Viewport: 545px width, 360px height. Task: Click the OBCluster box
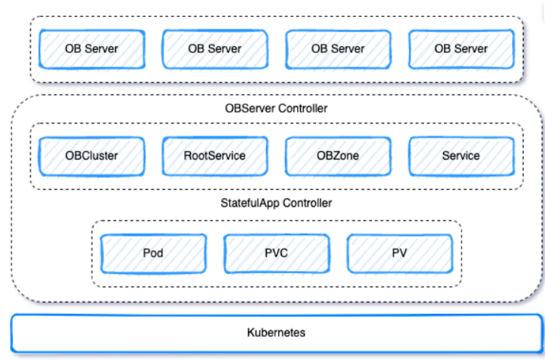(92, 155)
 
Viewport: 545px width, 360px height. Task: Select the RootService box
(215, 155)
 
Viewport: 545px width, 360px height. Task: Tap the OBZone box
(338, 155)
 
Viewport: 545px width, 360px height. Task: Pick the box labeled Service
(461, 155)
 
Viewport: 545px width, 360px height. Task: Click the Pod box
(153, 253)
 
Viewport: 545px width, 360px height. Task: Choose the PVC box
(276, 253)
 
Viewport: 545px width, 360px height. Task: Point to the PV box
(400, 253)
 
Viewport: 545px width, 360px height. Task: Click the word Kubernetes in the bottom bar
(276, 333)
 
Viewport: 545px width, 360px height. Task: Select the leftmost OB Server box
(92, 49)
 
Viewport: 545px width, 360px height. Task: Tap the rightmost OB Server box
(461, 49)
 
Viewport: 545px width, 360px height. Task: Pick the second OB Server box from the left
(215, 49)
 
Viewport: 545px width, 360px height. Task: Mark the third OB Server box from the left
(338, 49)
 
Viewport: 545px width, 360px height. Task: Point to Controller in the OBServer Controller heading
(302, 110)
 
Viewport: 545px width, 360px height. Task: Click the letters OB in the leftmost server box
(72, 49)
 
